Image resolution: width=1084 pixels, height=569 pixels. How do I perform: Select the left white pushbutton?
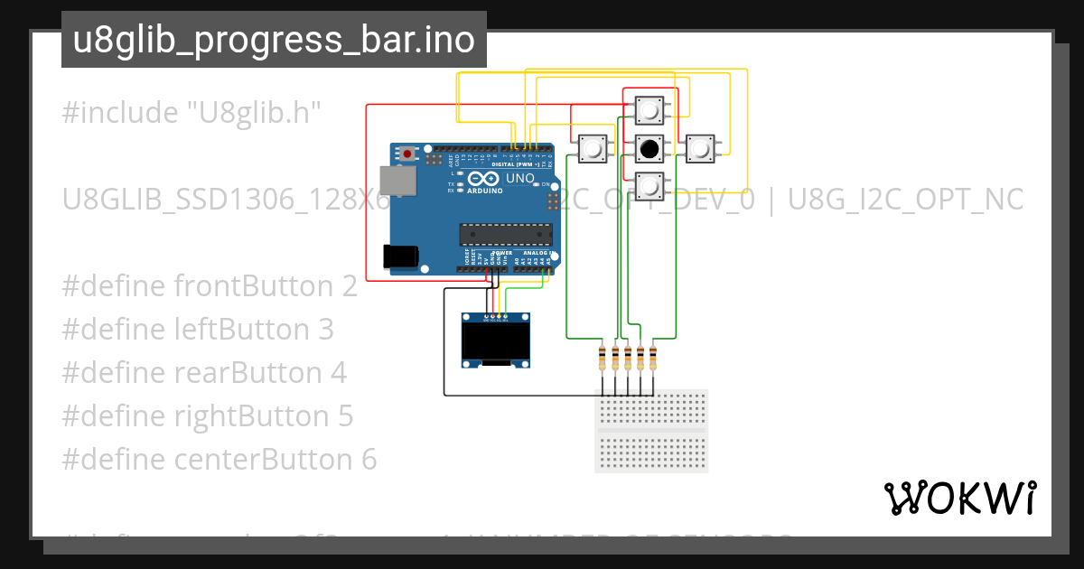click(x=593, y=147)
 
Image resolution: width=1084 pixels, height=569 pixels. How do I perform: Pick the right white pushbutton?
click(x=700, y=147)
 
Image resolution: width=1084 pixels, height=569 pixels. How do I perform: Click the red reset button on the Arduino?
click(x=408, y=154)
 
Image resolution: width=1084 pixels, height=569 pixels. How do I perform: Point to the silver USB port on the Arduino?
click(x=395, y=181)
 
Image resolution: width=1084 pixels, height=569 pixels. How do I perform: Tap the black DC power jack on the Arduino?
click(x=400, y=257)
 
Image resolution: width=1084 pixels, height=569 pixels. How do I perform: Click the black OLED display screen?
click(x=495, y=342)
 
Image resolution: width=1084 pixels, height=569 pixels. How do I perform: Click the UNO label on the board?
click(x=519, y=180)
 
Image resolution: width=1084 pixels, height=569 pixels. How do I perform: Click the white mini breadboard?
click(x=651, y=431)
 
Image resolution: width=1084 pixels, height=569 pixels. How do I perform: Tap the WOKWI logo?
click(x=959, y=499)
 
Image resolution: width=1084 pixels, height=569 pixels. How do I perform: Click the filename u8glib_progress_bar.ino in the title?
click(x=274, y=40)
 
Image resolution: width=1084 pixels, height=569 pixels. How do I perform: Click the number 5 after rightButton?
click(x=345, y=416)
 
